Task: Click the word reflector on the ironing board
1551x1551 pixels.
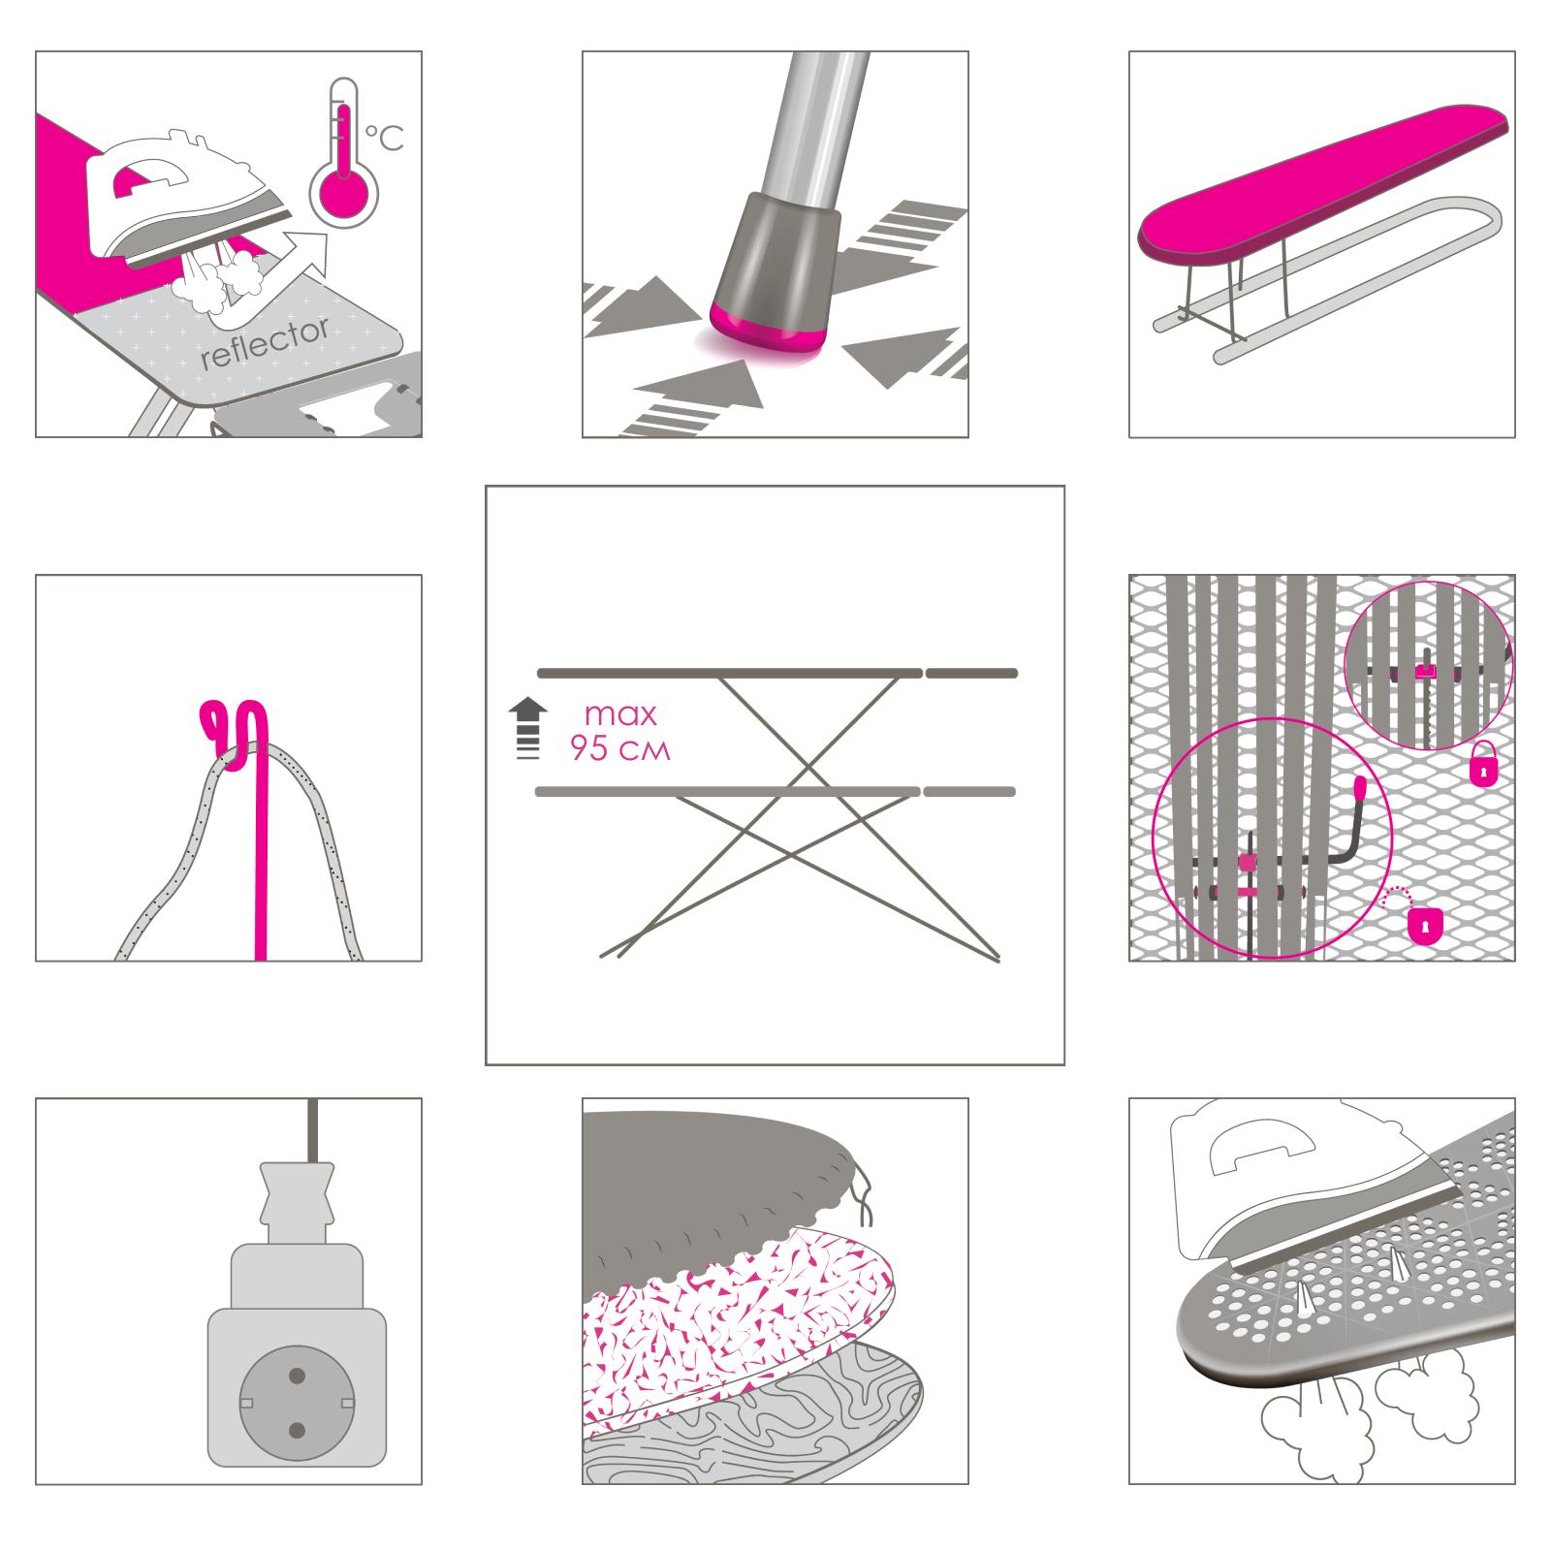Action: point(265,343)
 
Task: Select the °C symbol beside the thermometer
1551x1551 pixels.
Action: point(384,138)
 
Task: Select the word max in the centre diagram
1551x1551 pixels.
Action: point(620,715)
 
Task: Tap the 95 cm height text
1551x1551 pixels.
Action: point(620,749)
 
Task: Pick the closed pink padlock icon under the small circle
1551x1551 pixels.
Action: point(1483,765)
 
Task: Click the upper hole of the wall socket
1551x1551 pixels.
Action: point(298,1376)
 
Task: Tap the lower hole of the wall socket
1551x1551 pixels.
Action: point(298,1431)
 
